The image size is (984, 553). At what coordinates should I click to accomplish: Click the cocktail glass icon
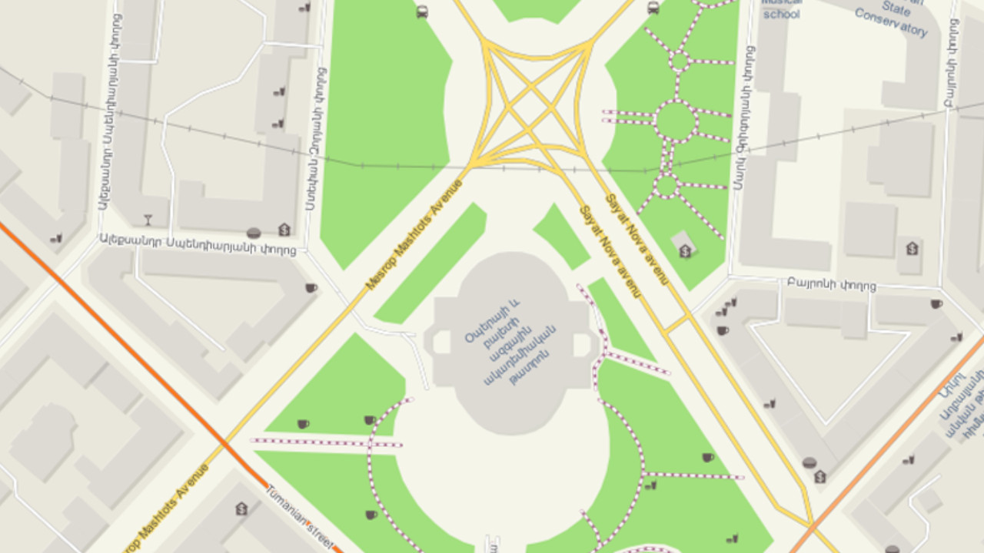click(x=148, y=220)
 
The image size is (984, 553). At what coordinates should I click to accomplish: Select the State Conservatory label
click(x=892, y=18)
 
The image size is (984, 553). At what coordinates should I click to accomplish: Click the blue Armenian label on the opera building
click(x=509, y=343)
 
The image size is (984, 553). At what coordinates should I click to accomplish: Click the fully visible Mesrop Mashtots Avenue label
click(x=414, y=235)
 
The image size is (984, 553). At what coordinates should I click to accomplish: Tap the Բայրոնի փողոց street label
click(x=831, y=285)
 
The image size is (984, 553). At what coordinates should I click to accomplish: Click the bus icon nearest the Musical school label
click(x=653, y=8)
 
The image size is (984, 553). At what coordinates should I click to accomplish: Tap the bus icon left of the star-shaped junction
click(x=421, y=11)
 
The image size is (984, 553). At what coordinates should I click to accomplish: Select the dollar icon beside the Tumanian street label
click(x=241, y=508)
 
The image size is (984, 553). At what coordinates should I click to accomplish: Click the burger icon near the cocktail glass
click(x=254, y=232)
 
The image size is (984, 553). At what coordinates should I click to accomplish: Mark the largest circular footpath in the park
click(x=676, y=121)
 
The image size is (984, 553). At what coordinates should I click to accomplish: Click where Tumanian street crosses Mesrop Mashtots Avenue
click(x=224, y=444)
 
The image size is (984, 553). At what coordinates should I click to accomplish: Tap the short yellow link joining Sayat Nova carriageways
click(x=676, y=323)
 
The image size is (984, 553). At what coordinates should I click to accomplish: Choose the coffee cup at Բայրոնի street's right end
click(x=936, y=304)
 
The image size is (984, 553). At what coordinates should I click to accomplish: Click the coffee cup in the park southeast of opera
click(x=707, y=457)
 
